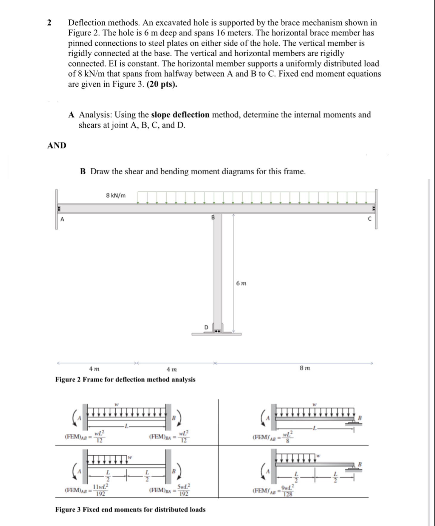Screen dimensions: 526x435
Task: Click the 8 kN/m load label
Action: (x=116, y=196)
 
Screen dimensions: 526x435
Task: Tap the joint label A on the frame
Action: (x=62, y=220)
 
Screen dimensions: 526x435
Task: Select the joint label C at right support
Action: (x=369, y=219)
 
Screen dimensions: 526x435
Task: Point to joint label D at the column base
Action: (x=206, y=327)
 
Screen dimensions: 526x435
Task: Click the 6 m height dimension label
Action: (x=241, y=283)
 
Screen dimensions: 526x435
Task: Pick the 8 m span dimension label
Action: (x=305, y=368)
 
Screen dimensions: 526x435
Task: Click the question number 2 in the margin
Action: (x=49, y=23)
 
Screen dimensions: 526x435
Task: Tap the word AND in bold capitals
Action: (x=57, y=145)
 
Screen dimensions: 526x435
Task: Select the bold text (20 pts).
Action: (x=162, y=84)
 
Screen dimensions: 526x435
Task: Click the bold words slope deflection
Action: (x=180, y=115)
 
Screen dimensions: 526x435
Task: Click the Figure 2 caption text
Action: (x=125, y=380)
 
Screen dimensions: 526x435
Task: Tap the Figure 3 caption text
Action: (x=130, y=510)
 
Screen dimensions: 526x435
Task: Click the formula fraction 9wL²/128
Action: (x=288, y=491)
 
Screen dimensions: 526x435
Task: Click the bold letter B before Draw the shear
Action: (x=83, y=172)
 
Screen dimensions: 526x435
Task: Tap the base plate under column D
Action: (x=216, y=334)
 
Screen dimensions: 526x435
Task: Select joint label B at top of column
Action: (x=213, y=217)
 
